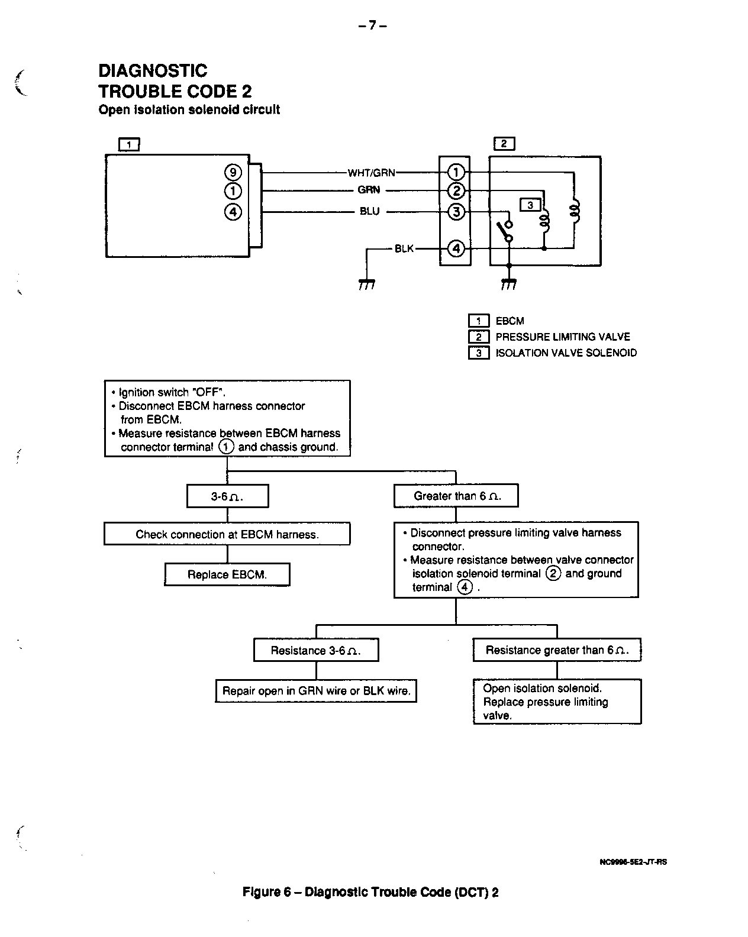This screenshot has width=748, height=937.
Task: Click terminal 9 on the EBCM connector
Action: tap(233, 172)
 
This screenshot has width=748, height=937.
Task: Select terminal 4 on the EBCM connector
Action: tap(233, 211)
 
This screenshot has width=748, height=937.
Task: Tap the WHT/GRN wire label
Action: tap(371, 173)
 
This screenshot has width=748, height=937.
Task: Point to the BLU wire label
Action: tap(369, 211)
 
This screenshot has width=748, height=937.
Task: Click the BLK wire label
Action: tap(404, 248)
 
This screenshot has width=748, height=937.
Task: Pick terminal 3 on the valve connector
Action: tap(456, 211)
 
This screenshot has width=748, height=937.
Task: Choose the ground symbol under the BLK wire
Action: tap(366, 285)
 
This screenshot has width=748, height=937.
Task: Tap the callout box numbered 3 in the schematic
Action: tap(530, 205)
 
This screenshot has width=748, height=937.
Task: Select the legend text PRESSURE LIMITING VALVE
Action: tap(562, 337)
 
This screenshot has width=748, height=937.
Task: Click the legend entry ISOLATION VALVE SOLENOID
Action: tap(566, 353)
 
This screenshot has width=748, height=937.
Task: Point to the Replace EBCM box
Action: tap(227, 574)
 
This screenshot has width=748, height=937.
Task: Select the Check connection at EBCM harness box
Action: tap(227, 534)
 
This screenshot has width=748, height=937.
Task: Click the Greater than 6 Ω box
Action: tap(456, 496)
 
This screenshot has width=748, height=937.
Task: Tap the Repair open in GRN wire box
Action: tap(316, 690)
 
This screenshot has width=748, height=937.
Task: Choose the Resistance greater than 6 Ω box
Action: tap(557, 650)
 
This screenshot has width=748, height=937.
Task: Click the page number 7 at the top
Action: tap(373, 25)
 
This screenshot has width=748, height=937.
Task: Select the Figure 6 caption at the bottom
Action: tap(370, 892)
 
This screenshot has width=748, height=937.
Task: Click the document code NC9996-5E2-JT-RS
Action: tap(633, 861)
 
